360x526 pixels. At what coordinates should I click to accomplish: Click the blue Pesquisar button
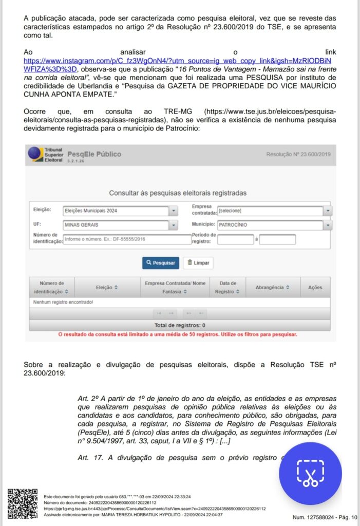pos(160,263)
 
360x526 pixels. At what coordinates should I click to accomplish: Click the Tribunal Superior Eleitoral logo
pos(46,154)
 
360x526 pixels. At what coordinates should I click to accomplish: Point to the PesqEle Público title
pos(94,154)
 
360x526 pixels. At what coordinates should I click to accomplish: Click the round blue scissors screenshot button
pos(310,473)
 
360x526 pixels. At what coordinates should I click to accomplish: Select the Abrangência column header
pos(273,288)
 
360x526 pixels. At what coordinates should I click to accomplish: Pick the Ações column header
pos(315,288)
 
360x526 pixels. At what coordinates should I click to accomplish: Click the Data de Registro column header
pos(228,287)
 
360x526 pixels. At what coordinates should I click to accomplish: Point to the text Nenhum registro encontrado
pos(63,302)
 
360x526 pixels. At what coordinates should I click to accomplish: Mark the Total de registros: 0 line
pos(180,325)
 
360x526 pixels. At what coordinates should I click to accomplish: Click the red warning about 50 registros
pos(178,334)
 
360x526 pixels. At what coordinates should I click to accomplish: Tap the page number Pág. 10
pos(348,517)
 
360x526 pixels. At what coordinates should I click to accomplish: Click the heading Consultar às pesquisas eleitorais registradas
pos(178,193)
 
